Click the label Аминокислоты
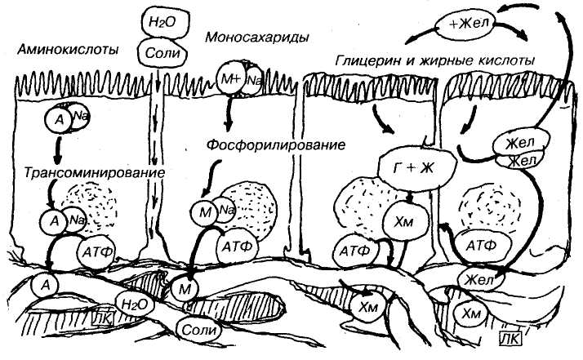point(68,51)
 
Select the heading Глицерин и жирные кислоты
point(434,60)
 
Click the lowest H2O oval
point(135,302)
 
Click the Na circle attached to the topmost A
point(80,118)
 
